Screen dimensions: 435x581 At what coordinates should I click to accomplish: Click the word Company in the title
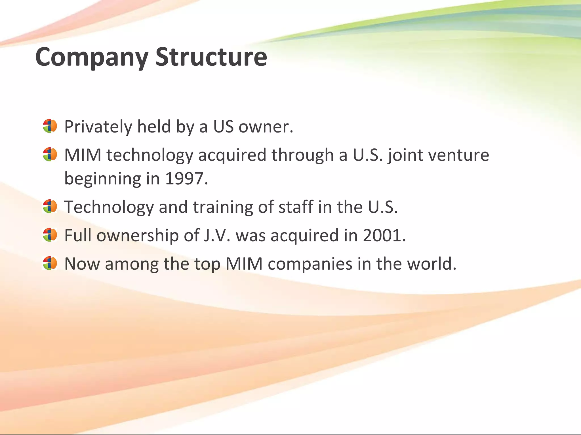[x=91, y=57]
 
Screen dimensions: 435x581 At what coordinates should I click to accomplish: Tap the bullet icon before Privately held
[x=50, y=126]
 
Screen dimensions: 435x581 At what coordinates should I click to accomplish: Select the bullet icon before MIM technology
[x=50, y=154]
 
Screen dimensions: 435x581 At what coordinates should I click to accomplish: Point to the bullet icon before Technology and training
[x=50, y=206]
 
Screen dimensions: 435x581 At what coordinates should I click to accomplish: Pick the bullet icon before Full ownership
[x=50, y=235]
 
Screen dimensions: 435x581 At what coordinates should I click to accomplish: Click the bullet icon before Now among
[x=50, y=263]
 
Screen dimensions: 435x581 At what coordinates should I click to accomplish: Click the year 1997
[x=186, y=179]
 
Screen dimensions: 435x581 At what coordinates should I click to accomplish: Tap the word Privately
[x=98, y=127]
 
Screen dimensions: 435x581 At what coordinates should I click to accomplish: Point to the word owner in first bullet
[x=266, y=127]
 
